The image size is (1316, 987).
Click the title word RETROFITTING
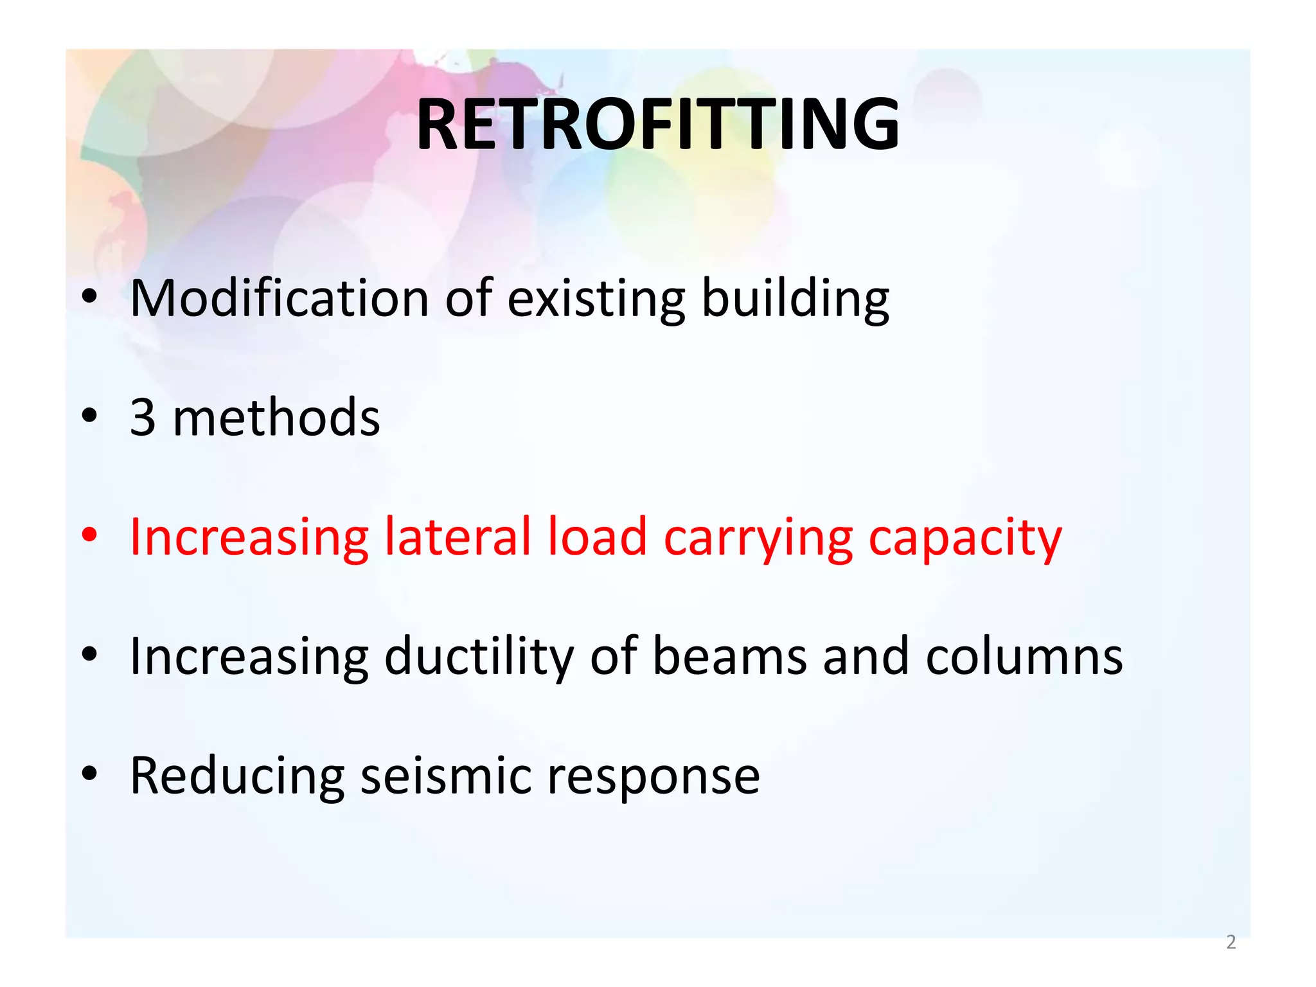point(657,124)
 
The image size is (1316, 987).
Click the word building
point(795,299)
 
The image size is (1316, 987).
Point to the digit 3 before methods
point(143,418)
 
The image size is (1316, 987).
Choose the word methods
point(276,418)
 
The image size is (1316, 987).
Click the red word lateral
point(458,537)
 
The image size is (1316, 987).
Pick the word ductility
point(478,657)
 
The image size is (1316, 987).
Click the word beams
point(730,657)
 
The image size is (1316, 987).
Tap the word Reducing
point(237,777)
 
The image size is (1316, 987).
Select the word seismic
point(446,776)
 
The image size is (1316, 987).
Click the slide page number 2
point(1231,942)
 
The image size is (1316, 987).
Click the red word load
point(597,537)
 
